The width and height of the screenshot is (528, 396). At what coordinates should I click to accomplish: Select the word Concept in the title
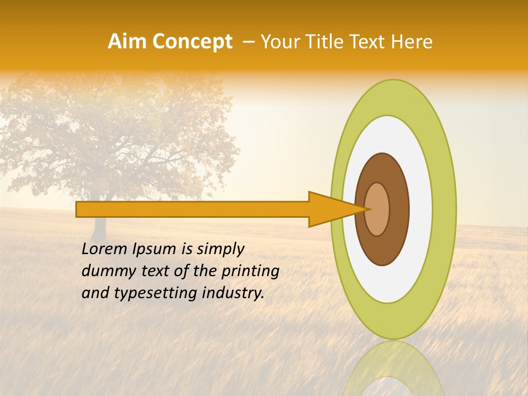tap(191, 42)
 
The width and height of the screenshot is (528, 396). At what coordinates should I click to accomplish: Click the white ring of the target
tap(420, 209)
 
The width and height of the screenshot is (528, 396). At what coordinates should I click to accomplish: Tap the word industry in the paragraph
tap(234, 293)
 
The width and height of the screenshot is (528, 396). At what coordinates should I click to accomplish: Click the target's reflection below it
tap(394, 369)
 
